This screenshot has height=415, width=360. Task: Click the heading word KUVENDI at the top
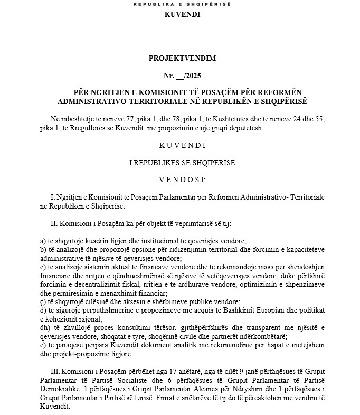(182, 14)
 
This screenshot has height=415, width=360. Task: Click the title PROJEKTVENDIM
(182, 58)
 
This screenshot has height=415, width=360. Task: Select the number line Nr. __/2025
(182, 75)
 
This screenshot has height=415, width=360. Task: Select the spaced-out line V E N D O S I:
(182, 180)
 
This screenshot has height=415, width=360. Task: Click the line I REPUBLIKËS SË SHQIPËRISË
(182, 162)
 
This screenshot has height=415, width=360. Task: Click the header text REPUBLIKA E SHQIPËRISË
(182, 4)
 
